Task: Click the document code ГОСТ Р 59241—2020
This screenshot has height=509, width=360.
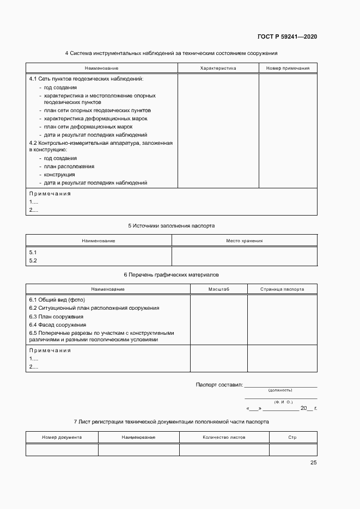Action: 287,36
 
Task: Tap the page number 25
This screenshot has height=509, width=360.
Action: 313,462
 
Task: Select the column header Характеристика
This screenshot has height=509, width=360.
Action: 218,68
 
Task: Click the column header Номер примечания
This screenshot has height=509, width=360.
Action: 288,68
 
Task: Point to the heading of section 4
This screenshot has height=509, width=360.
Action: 171,53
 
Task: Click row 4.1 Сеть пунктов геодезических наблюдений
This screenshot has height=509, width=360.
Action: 86,79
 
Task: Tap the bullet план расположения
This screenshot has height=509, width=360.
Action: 69,167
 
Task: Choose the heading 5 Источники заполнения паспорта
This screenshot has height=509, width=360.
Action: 171,225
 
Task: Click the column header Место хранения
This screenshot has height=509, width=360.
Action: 244,240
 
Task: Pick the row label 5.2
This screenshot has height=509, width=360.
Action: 33,261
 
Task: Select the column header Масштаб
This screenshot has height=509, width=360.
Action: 218,289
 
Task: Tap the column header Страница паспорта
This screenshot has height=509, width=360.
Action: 282,289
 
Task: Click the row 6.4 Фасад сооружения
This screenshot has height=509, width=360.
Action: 57,324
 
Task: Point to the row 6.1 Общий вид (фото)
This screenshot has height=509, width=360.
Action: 57,300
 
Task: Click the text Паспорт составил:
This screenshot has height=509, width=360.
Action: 219,385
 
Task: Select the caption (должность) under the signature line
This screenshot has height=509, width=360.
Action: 280,390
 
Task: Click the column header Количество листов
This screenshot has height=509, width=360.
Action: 224,437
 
